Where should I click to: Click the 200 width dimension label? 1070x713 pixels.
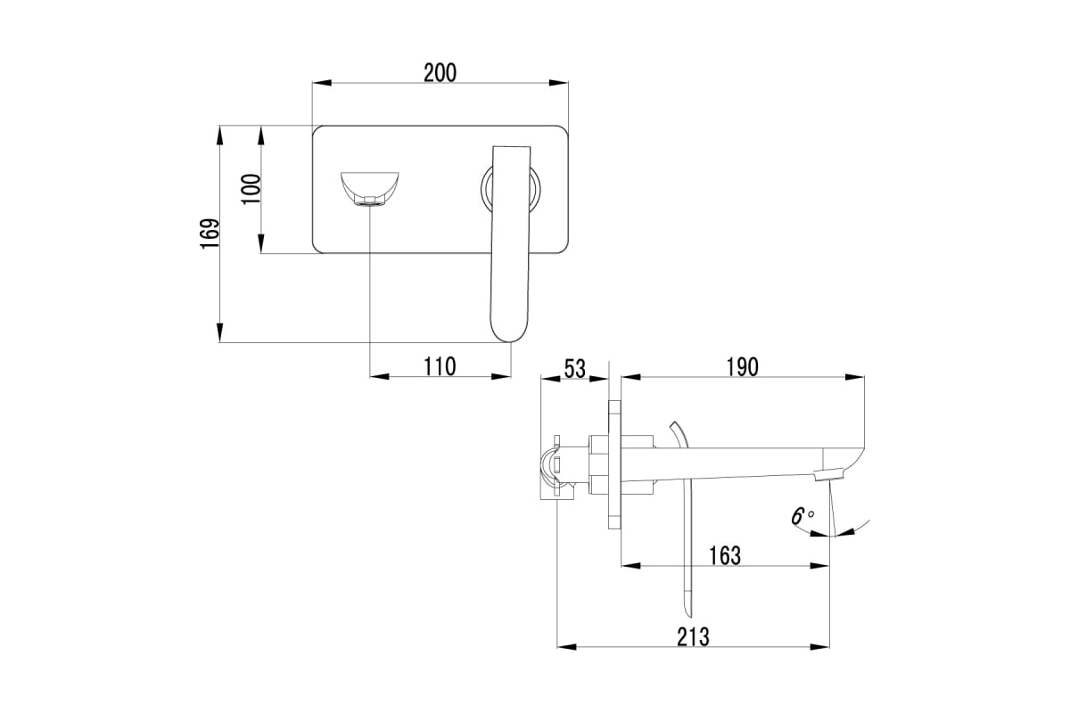[440, 72]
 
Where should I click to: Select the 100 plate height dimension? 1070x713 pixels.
[251, 189]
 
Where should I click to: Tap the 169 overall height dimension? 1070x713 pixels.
[210, 234]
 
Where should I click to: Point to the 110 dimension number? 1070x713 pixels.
[440, 367]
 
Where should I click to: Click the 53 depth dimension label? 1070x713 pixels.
[574, 368]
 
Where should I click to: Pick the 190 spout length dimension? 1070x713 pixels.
[742, 367]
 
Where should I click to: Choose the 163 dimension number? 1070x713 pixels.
[725, 556]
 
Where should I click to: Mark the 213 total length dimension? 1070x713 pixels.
[693, 636]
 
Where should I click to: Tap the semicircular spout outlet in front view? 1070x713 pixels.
[370, 189]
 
